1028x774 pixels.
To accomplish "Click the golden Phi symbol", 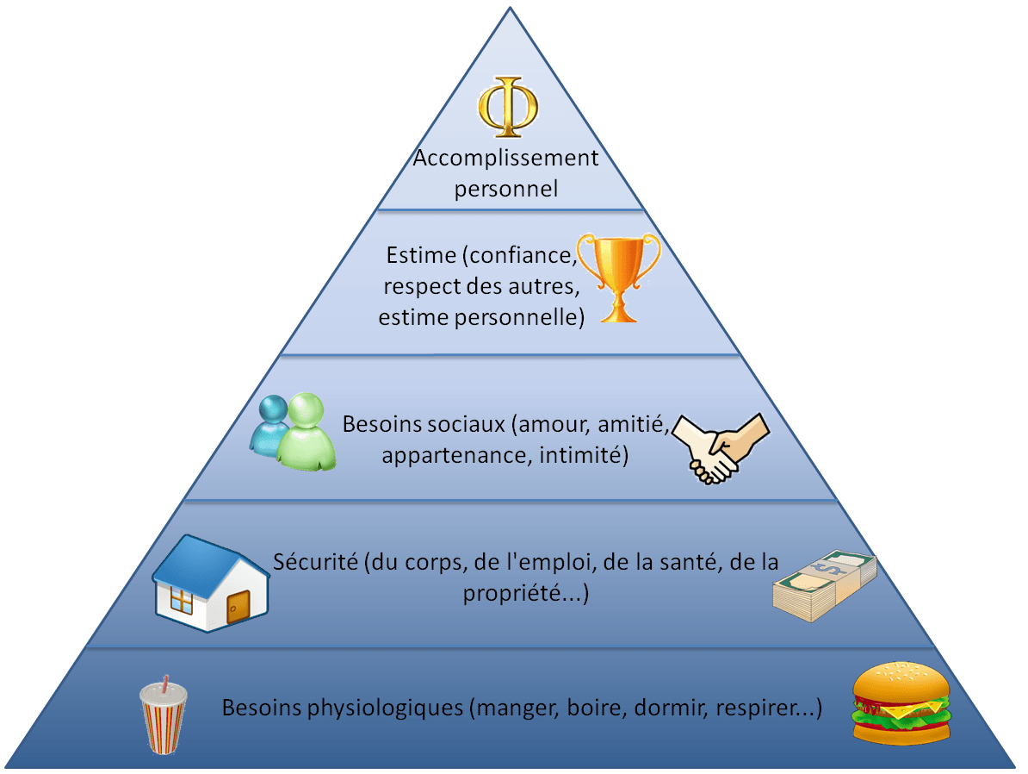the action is pyautogui.click(x=508, y=107).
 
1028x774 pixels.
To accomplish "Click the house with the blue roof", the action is pyautogui.click(x=211, y=583).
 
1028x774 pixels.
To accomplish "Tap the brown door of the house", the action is pyautogui.click(x=238, y=606).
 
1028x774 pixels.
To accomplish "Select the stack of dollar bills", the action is pyautogui.click(x=825, y=585).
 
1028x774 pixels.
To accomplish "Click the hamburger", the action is pyautogui.click(x=901, y=703).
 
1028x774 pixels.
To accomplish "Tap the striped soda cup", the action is pyautogui.click(x=164, y=717).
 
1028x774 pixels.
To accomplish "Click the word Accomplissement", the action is pyautogui.click(x=505, y=159).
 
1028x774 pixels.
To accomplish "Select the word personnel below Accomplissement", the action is pyautogui.click(x=506, y=189).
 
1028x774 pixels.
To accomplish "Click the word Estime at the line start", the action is pyautogui.click(x=421, y=255).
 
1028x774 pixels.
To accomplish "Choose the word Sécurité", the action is pyautogui.click(x=315, y=562).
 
